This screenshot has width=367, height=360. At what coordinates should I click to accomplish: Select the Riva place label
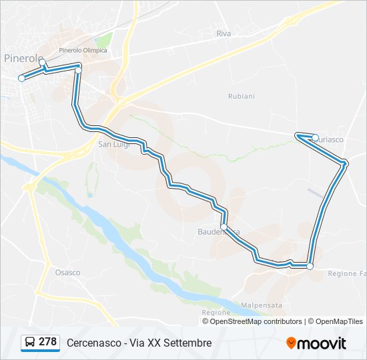(223, 33)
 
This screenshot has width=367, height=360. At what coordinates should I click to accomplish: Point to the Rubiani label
(241, 96)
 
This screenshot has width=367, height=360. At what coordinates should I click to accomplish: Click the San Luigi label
(113, 144)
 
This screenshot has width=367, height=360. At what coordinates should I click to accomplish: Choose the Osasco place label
(67, 273)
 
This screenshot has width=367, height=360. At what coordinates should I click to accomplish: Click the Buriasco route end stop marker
(315, 138)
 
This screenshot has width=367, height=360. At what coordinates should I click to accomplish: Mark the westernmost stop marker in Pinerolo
(21, 78)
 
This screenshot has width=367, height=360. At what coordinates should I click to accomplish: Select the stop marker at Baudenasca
(224, 228)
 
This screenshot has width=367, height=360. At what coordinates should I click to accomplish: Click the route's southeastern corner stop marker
(310, 266)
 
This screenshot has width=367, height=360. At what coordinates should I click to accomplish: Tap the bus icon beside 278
(30, 343)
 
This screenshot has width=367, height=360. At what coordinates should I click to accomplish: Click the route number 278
(47, 342)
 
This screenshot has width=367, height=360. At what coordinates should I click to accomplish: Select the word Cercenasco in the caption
(93, 343)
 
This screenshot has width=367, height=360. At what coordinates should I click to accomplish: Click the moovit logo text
(322, 343)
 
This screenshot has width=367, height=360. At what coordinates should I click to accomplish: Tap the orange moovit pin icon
(291, 343)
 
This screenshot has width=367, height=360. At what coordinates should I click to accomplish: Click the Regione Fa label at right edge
(347, 274)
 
